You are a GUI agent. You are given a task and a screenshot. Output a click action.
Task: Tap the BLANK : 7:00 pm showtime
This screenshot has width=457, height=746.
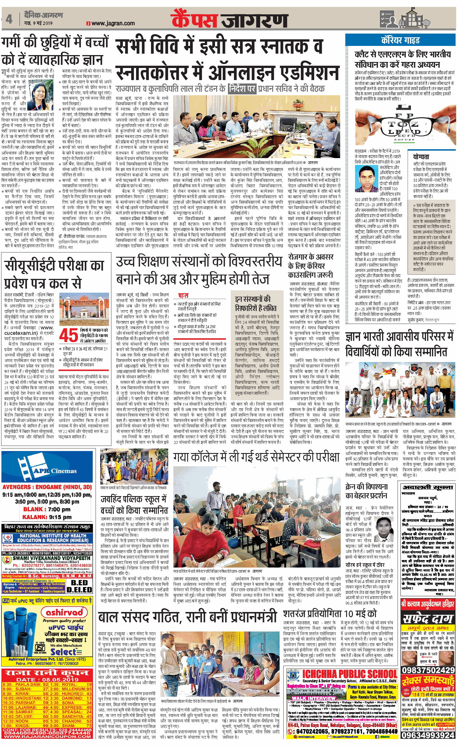click(x=47, y=509)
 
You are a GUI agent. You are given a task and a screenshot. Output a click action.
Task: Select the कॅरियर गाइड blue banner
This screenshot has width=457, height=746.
click(x=400, y=40)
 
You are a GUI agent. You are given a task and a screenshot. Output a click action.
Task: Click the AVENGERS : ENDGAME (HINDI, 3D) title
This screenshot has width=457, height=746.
click(x=47, y=488)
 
